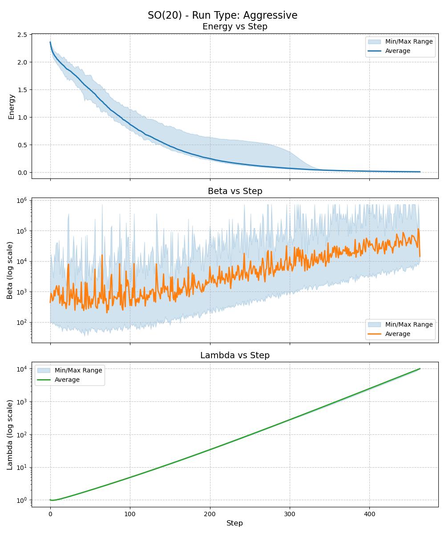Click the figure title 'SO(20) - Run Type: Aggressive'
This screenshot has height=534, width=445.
click(222, 15)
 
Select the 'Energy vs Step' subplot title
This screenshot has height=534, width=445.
click(235, 27)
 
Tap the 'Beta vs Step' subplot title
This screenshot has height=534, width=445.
click(235, 191)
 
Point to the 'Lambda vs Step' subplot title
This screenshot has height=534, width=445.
click(235, 355)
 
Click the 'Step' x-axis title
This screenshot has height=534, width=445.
click(235, 523)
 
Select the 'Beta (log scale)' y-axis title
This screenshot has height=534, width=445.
click(10, 270)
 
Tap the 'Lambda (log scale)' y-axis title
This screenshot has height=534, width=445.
click(10, 434)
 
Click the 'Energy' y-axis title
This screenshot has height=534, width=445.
click(12, 106)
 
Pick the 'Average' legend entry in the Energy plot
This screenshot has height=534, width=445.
click(397, 51)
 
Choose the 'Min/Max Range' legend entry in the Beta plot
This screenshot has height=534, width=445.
click(409, 324)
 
